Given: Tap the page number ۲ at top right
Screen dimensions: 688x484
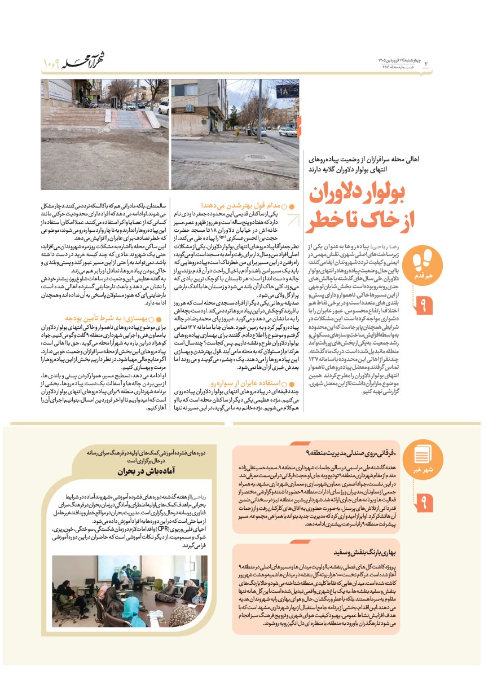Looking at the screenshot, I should (426, 63).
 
